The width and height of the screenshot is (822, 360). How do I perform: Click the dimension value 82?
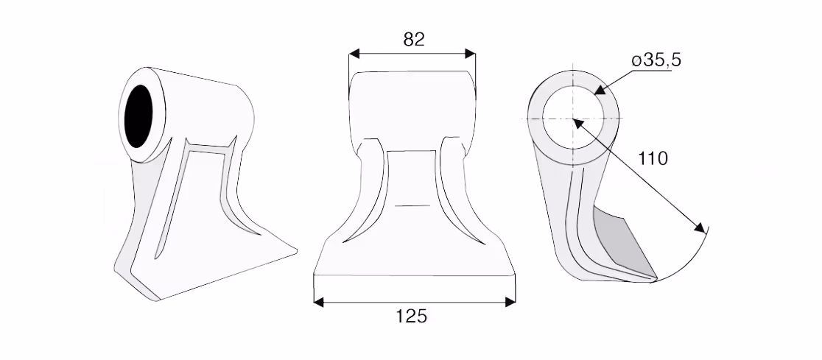pos(414,39)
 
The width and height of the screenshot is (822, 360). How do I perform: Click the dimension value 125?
pos(412,317)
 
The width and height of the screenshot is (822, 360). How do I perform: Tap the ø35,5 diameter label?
pos(656,60)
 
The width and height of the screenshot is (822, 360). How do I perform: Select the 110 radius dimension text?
pos(653,158)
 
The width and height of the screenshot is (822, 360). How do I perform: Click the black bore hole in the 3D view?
pos(139,116)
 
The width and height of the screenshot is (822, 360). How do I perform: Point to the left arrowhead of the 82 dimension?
pos(354,54)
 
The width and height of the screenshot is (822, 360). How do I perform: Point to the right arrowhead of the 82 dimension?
pos(470,54)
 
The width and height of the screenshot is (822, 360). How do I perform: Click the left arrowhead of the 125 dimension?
pos(319,302)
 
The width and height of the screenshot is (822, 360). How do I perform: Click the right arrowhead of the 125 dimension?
pos(510,302)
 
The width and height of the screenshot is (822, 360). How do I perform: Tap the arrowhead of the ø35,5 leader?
pos(600,89)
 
